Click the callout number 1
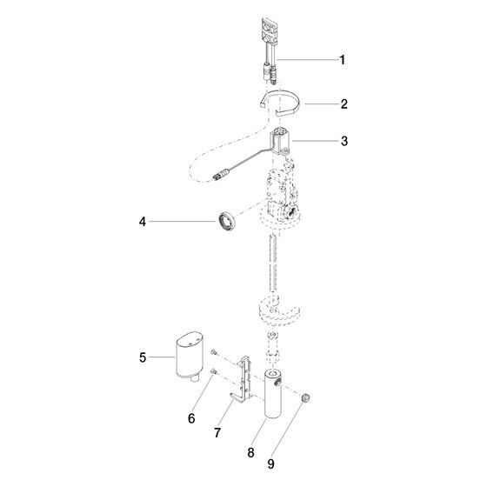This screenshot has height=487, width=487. click(342, 60)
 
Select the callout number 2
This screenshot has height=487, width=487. click(344, 104)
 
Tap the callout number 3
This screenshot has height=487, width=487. click(344, 141)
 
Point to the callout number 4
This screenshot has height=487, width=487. click(143, 222)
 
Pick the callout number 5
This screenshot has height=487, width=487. click(143, 357)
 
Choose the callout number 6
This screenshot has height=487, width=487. click(191, 418)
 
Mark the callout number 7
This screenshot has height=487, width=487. click(217, 433)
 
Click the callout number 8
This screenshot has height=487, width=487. click(250, 452)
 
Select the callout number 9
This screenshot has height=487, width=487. click(270, 464)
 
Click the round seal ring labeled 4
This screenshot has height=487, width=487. click(226, 222)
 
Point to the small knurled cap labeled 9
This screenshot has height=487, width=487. click(305, 398)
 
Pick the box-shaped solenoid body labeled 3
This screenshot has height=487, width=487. click(280, 141)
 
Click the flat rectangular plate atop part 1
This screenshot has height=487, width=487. click(269, 31)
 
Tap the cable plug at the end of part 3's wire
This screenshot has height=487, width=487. click(222, 174)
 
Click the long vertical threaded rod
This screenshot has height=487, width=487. click(273, 265)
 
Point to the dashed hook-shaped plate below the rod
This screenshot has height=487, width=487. click(279, 310)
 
